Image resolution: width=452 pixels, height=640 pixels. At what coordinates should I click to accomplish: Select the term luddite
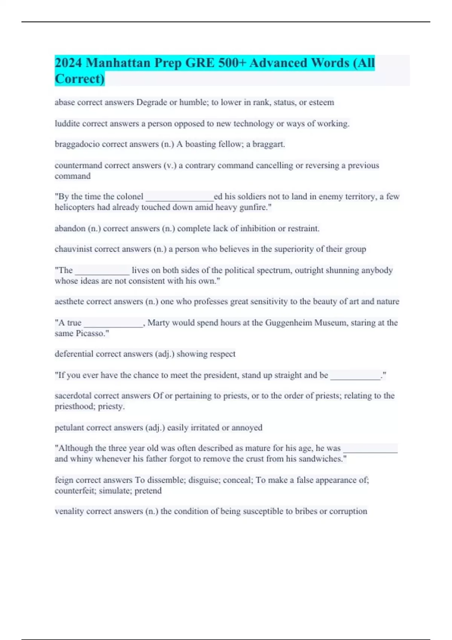pyautogui.click(x=67, y=123)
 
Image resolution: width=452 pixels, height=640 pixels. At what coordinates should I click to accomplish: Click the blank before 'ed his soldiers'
pyautogui.click(x=179, y=197)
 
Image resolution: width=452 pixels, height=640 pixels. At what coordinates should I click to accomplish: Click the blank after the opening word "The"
pyautogui.click(x=102, y=271)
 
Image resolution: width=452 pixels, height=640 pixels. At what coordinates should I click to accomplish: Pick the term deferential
pyautogui.click(x=74, y=354)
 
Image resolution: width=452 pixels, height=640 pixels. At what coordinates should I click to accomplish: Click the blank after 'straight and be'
pyautogui.click(x=355, y=376)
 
